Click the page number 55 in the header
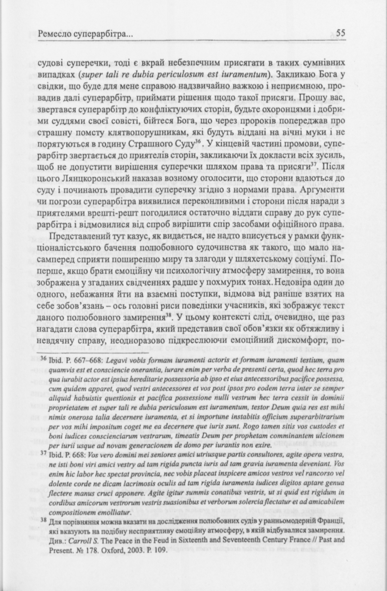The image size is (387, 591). [340, 33]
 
